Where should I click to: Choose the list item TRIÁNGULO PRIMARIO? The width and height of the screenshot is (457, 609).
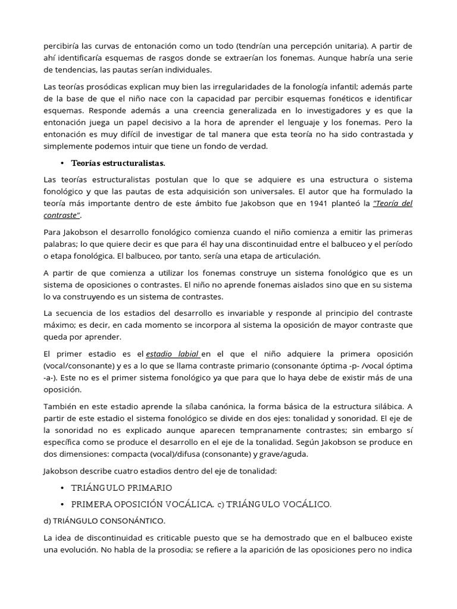point(121,488)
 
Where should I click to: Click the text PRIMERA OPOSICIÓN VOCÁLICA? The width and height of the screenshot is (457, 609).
point(142,504)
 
